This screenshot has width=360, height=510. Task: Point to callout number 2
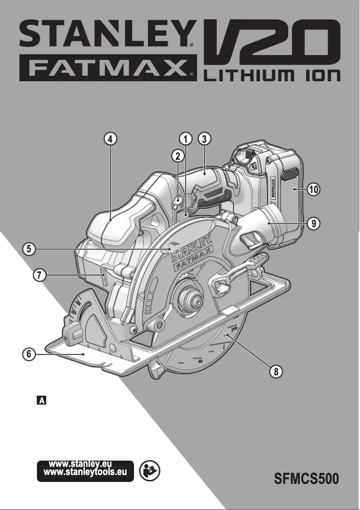[x=178, y=156]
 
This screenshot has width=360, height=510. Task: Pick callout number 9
[x=313, y=222]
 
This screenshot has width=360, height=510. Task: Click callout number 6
[x=29, y=354]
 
